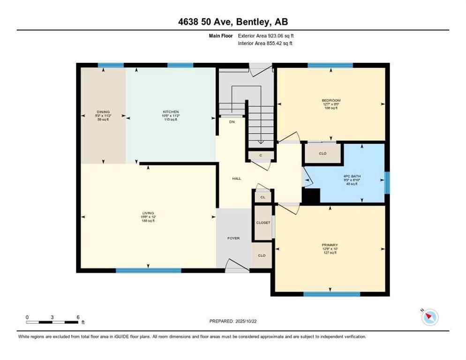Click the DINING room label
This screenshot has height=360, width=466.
point(103,112)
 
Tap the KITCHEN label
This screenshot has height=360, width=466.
point(171,112)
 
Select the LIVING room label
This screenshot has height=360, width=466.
point(149,213)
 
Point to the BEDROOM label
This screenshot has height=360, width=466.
point(331,100)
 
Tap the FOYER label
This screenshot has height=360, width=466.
point(233,238)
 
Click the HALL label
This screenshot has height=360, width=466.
point(237,179)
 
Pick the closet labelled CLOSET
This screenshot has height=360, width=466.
point(263,223)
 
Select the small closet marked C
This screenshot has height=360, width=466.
point(260,155)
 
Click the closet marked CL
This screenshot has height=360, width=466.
point(263,197)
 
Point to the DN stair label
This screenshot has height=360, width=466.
point(232,122)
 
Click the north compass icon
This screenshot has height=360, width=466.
point(429,317)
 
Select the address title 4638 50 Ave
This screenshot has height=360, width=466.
point(233,22)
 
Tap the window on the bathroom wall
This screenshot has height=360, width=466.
point(387,182)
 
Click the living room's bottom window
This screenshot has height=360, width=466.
point(148,270)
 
